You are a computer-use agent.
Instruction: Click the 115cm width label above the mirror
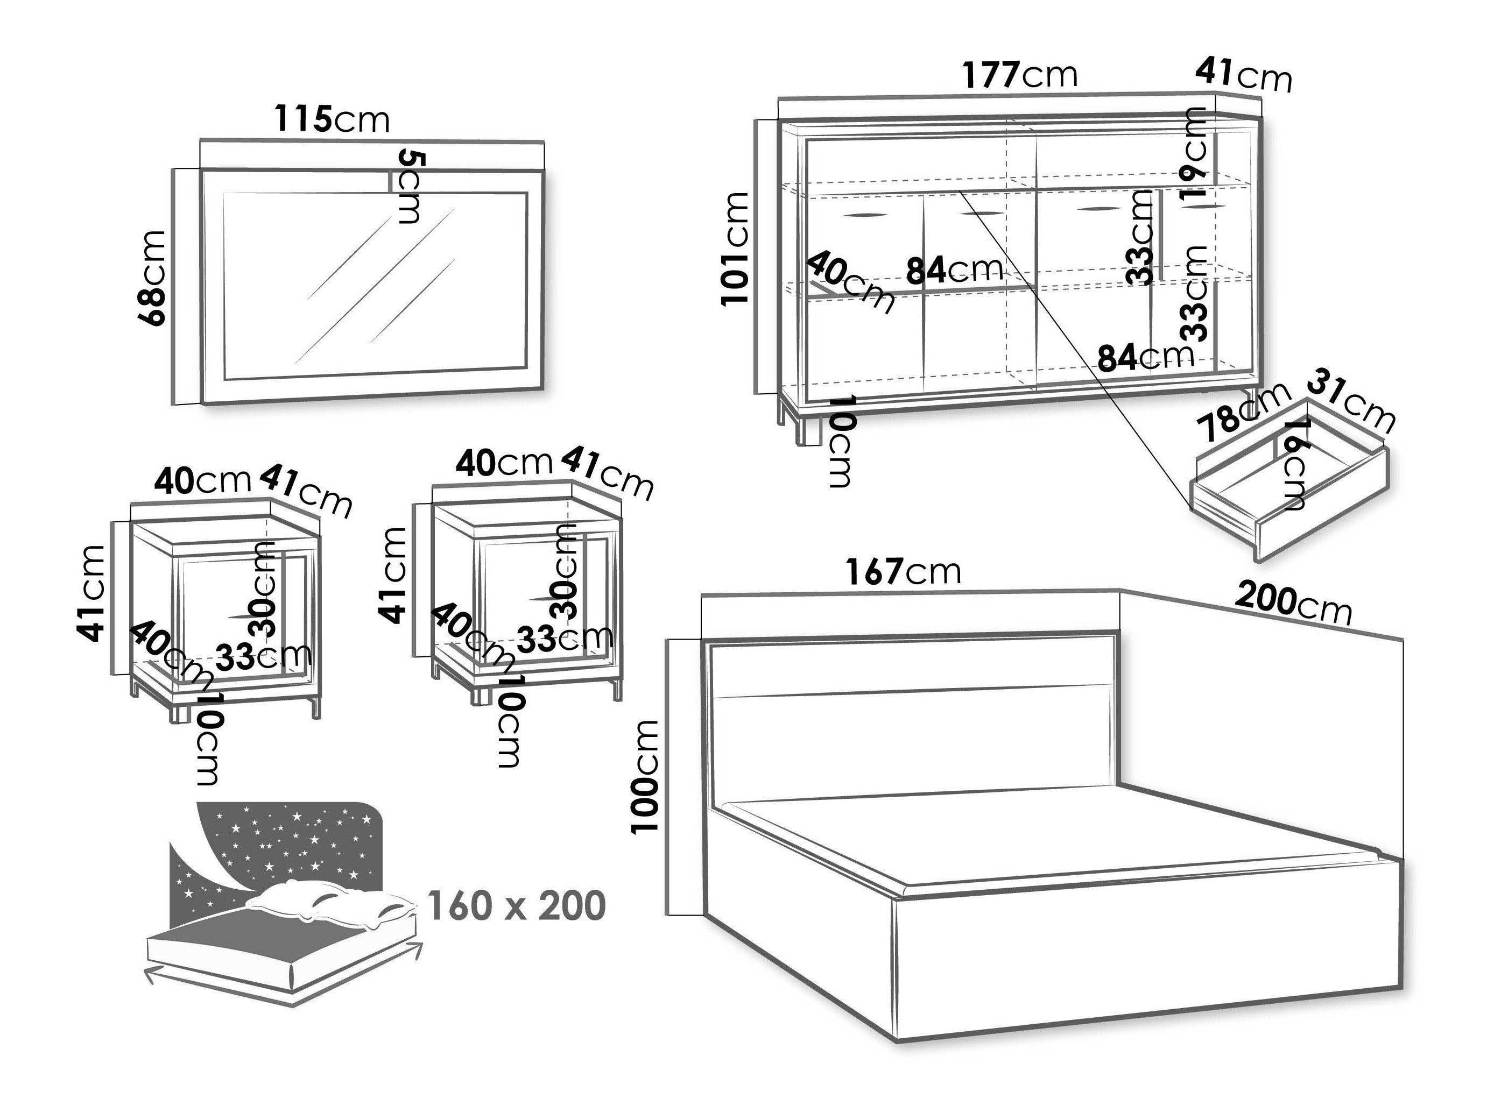tap(332, 119)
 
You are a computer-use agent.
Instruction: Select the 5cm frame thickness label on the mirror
tap(410, 187)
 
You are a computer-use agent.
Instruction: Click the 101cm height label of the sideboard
tap(735, 249)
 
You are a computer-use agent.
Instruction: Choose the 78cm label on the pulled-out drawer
tap(1242, 410)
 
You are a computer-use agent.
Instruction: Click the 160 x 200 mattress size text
tap(517, 905)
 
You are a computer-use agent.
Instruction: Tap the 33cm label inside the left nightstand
tap(263, 655)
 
